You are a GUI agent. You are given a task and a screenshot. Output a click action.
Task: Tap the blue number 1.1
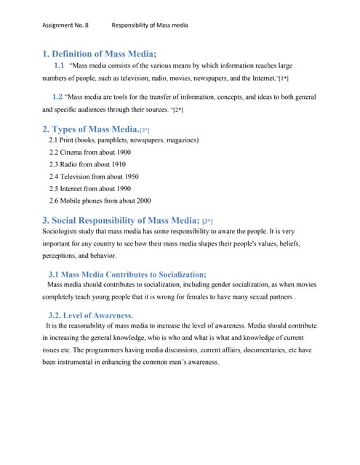(60, 65)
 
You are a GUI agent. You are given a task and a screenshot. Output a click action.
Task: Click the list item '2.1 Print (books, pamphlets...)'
(124, 139)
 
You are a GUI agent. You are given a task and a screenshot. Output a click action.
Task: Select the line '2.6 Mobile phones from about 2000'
(100, 201)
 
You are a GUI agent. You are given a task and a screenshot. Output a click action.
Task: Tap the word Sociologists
(62, 232)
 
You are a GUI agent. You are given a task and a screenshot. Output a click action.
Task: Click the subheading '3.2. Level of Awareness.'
(91, 315)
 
